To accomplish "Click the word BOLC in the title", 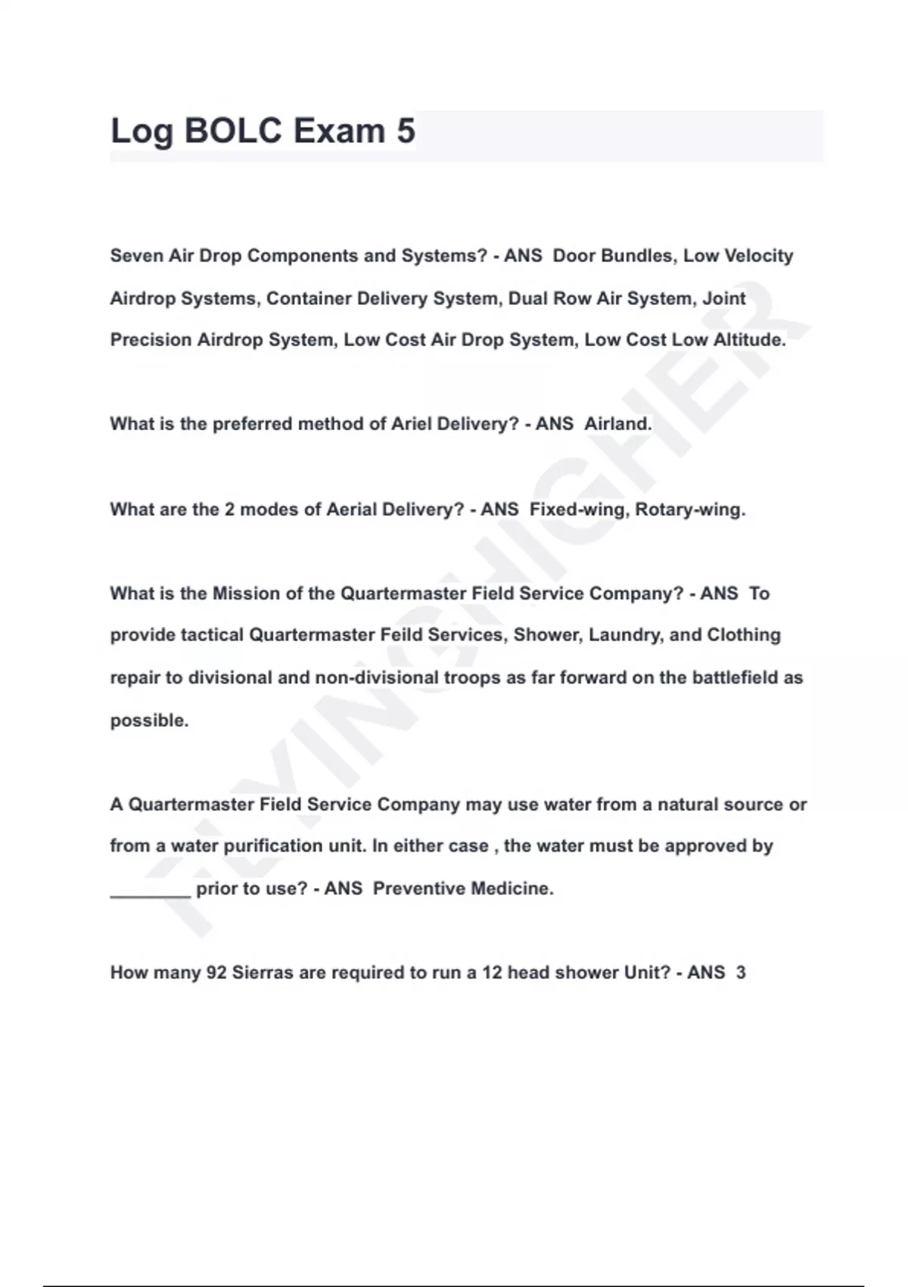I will coord(233,131).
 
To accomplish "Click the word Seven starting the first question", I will coord(137,256).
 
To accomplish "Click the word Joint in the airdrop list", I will coord(724,298).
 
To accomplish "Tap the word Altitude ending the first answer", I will coord(748,340).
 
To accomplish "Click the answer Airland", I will coord(617,424).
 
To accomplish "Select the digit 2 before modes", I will coord(229,510).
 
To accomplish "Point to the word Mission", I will coord(246,594).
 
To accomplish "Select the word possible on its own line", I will coord(149,721).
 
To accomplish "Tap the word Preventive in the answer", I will coord(418,889).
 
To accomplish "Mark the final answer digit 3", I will coord(741,973).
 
